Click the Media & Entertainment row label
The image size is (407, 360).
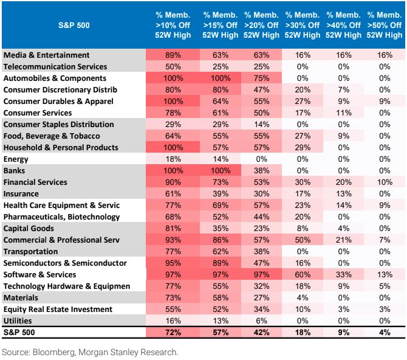coord(47,55)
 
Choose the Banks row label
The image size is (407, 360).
coord(15,171)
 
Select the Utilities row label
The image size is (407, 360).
coord(18,321)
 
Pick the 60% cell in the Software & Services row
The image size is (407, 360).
coord(302,275)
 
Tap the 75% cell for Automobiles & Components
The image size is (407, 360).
coord(261,78)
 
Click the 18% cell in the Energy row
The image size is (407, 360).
coord(173,159)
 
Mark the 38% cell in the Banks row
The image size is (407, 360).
coord(261,171)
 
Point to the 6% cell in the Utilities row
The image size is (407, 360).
coord(261,321)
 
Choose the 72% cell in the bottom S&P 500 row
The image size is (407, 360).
coord(173,333)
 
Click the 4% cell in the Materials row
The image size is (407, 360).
coord(302,298)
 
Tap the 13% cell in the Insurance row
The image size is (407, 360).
coord(343,194)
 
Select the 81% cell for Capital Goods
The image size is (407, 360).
coord(173,229)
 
